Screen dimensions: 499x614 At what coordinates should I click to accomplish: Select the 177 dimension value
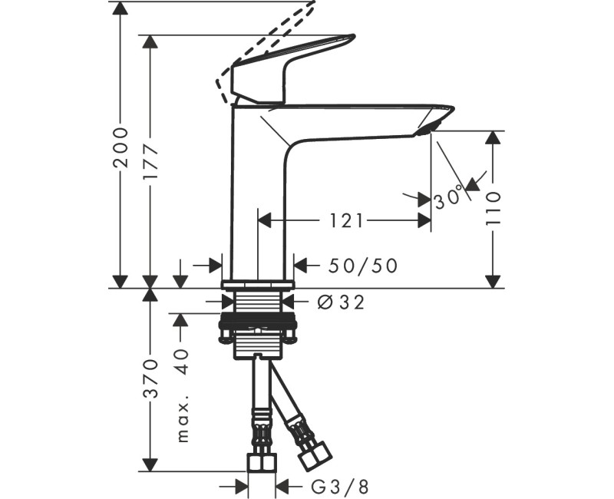tap(151, 160)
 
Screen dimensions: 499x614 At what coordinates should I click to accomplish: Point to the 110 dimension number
tap(493, 207)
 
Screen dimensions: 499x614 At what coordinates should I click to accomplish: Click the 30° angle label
tap(449, 198)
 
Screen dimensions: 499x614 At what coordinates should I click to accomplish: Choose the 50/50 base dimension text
tap(363, 266)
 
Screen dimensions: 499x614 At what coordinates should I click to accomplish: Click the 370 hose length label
tap(151, 378)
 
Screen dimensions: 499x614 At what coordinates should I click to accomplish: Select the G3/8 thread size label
tap(339, 486)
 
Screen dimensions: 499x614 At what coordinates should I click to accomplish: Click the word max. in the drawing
tap(182, 420)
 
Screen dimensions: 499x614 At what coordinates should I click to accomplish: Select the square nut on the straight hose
tap(261, 463)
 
